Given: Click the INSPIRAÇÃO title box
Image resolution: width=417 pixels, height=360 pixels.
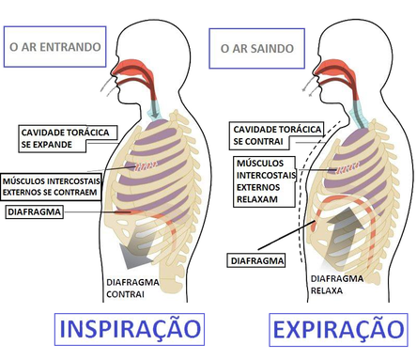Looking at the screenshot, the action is [130, 329].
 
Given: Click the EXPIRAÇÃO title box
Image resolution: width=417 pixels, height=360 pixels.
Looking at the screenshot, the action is [338, 330].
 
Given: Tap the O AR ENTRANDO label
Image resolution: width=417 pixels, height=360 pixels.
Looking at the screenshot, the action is [54, 47].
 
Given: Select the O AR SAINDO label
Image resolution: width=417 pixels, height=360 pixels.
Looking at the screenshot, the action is [256, 48].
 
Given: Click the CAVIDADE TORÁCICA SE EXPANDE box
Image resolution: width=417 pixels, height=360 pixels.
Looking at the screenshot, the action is [68, 138].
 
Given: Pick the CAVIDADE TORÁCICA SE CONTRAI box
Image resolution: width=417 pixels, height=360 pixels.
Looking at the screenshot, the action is [278, 135].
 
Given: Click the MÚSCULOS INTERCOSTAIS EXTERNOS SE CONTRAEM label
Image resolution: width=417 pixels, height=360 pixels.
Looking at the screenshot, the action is [51, 187].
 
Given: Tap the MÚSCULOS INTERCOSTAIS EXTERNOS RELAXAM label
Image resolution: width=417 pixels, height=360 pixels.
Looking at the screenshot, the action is [265, 181].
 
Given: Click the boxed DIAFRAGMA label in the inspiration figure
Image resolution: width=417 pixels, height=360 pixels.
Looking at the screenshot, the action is [35, 211].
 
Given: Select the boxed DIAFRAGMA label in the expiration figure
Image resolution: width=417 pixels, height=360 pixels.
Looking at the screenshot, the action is [256, 260].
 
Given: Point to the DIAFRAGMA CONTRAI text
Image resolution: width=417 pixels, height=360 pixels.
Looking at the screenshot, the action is [132, 289].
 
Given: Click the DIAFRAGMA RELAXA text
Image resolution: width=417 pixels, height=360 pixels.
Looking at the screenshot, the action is [337, 285].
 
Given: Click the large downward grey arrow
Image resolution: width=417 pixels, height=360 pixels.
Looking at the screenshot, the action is [138, 247].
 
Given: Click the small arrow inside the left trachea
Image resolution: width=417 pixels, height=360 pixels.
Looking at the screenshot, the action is [154, 114].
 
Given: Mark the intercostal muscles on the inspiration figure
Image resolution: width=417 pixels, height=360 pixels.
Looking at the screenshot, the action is [146, 165].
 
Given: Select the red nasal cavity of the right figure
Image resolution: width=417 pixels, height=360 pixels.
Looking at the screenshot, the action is [334, 68].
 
